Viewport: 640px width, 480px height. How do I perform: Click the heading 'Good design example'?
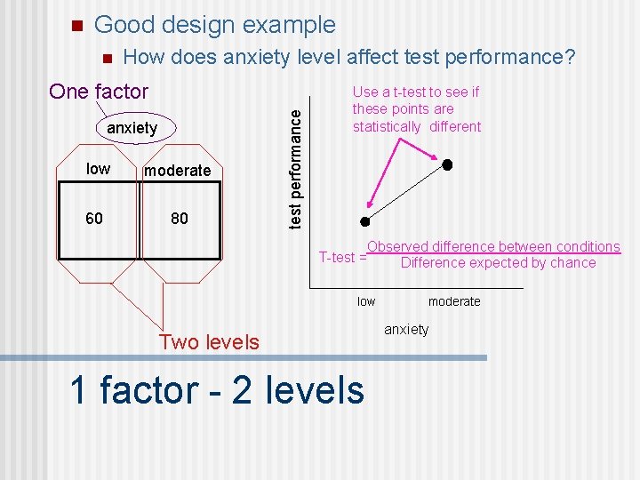[214, 25]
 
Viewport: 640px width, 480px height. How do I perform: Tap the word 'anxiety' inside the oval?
[132, 128]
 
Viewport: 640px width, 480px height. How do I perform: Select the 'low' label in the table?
[98, 169]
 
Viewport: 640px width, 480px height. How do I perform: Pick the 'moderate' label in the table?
[178, 171]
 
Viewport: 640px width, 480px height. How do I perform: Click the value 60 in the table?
[94, 218]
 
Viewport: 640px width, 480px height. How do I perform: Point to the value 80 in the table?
[180, 218]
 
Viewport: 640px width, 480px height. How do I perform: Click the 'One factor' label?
[99, 92]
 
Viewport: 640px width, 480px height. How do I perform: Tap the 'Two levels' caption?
[209, 342]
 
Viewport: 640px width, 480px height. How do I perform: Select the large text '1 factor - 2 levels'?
[216, 390]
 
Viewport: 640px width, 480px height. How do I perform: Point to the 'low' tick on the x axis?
[366, 302]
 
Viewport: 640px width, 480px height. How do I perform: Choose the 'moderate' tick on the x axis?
[454, 302]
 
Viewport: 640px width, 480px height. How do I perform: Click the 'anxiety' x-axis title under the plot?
[406, 330]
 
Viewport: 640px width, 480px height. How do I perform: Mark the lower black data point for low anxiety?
[364, 221]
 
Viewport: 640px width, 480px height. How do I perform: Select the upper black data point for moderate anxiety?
[448, 164]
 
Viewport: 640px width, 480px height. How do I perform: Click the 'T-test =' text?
[342, 258]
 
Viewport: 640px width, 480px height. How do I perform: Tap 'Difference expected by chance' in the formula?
[498, 263]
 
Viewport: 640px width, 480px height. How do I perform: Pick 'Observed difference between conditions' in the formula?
[493, 247]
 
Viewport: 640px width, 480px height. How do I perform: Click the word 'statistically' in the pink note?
[387, 127]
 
